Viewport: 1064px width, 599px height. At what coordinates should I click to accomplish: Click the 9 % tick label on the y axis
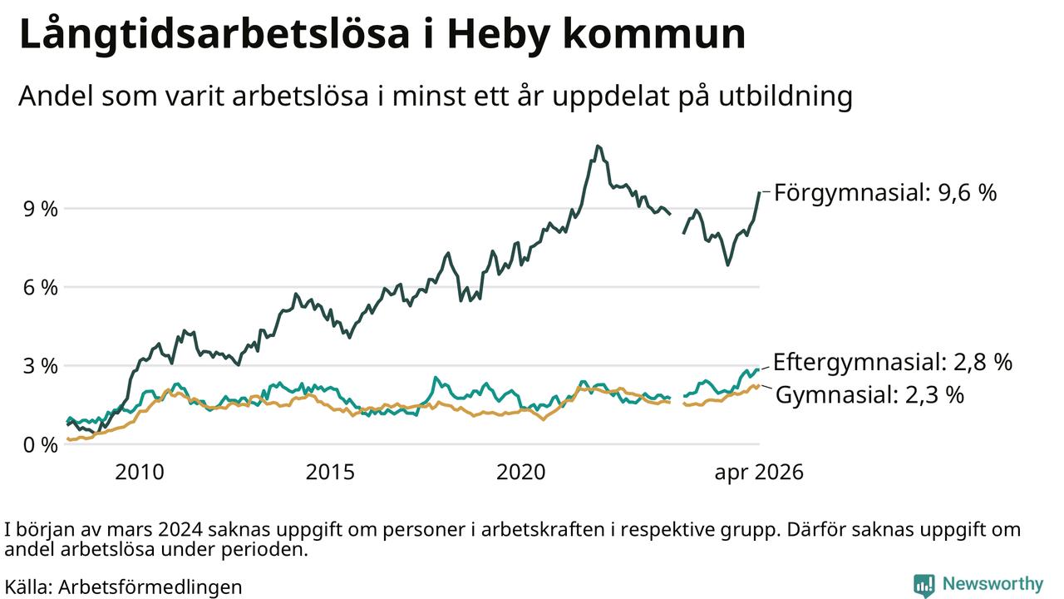41,209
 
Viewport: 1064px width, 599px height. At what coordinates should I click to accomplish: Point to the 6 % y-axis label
41,287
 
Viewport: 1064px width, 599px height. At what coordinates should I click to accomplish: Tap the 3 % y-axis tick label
41,366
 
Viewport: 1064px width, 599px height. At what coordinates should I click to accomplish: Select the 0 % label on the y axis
41,445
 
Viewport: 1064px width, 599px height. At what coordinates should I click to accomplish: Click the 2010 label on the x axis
140,473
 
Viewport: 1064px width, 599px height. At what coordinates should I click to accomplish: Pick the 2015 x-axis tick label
330,473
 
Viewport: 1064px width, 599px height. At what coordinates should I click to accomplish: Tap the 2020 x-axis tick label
521,473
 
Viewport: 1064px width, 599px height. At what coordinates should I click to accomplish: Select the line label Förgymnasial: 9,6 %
885,193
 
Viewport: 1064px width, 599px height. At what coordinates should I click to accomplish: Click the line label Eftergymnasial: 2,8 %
893,362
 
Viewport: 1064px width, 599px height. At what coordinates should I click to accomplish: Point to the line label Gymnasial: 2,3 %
870,395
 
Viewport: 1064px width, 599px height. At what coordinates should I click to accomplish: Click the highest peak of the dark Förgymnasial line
598,146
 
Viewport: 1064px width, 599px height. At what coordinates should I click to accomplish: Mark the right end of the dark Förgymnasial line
759,192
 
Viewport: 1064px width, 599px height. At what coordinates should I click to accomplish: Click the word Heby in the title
498,34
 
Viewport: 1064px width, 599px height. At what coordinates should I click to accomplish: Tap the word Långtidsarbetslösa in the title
214,33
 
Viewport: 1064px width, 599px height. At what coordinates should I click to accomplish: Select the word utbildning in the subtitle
786,96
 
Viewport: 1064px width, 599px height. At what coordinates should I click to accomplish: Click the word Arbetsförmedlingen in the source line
150,587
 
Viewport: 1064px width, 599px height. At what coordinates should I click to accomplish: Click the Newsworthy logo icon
924,585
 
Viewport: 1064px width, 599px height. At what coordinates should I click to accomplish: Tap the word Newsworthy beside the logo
993,584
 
